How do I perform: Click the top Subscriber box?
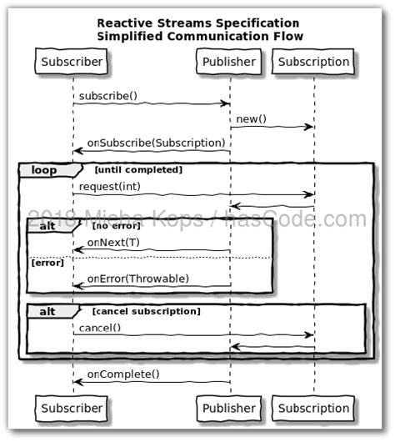click(x=72, y=62)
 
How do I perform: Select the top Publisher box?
click(x=229, y=62)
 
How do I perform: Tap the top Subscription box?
click(x=313, y=62)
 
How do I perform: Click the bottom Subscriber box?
click(x=72, y=408)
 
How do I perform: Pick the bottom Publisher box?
click(x=229, y=408)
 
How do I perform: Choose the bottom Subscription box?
click(x=313, y=408)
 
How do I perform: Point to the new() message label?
click(x=251, y=119)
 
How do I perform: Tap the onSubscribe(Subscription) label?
click(x=156, y=143)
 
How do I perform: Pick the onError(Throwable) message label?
click(x=137, y=278)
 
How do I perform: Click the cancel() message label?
click(x=99, y=328)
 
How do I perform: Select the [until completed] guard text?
click(x=138, y=170)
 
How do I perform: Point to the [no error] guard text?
click(x=117, y=225)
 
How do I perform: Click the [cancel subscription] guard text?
click(x=145, y=311)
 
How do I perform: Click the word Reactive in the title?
click(x=123, y=23)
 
